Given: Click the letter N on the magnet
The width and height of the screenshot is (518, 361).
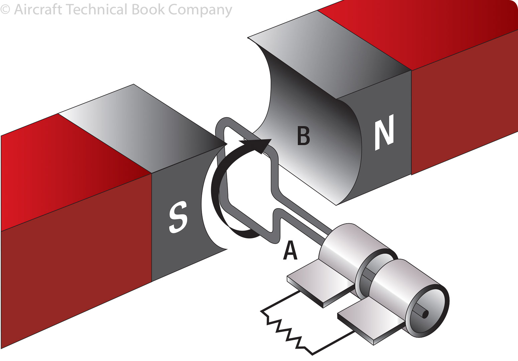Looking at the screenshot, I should [384, 132].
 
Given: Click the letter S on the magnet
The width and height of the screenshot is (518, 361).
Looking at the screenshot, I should [178, 217].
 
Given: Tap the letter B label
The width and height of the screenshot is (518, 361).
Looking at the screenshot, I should [303, 135].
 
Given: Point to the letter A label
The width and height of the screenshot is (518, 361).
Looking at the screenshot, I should [290, 251].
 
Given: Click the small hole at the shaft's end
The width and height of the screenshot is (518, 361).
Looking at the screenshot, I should [425, 315].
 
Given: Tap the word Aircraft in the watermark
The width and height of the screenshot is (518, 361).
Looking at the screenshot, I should [38, 9].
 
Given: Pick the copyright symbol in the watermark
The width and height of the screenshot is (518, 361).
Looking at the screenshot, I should [5, 9].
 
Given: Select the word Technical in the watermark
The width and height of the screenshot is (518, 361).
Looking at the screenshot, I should [97, 9].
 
